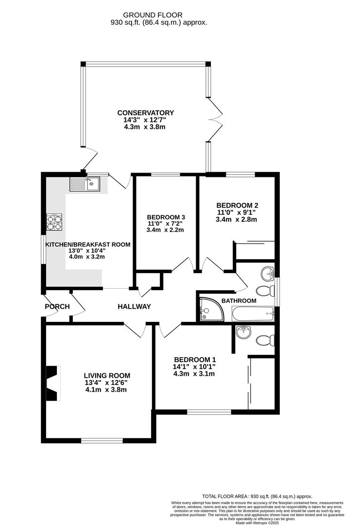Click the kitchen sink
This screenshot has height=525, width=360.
[85, 184]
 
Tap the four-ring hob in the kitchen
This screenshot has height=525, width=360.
[54, 222]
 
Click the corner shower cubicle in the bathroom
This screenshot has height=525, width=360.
[211, 310]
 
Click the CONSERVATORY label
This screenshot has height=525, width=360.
[148, 113]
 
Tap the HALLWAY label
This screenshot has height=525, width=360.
[134, 307]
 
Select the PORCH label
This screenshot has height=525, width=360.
[57, 307]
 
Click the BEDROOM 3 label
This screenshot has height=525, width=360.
[166, 217]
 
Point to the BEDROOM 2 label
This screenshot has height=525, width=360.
[237, 205]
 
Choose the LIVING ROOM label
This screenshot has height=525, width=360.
[107, 376]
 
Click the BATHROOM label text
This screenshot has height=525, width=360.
[239, 301]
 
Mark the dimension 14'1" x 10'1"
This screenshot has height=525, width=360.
[194, 367]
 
